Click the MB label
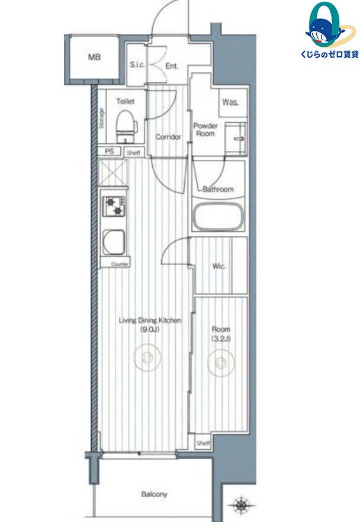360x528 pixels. [x=94, y=57]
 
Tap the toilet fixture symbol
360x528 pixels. [x=126, y=127]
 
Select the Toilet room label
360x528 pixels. [x=125, y=101]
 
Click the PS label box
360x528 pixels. [x=110, y=152]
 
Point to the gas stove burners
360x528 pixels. [x=114, y=206]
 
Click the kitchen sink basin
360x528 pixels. [x=114, y=242]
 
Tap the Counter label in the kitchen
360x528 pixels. [x=120, y=264]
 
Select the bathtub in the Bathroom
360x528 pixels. [x=218, y=216]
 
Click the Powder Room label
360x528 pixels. [x=205, y=129]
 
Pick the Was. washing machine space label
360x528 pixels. [x=230, y=102]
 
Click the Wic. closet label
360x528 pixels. [x=219, y=266]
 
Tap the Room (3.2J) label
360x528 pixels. [x=221, y=334]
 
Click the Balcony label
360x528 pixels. [x=154, y=494]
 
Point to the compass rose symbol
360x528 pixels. [x=240, y=505]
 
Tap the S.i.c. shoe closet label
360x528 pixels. [x=137, y=65]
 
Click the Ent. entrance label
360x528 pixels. [x=172, y=66]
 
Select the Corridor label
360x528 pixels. [x=168, y=137]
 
